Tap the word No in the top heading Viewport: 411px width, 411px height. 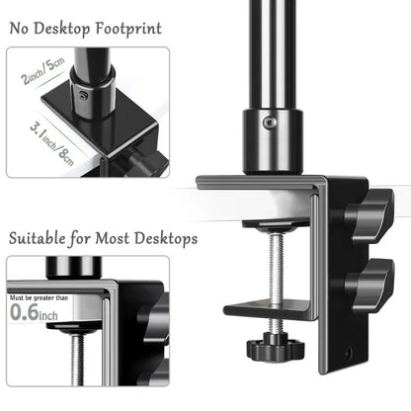24,28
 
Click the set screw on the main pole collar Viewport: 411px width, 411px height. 270,123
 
